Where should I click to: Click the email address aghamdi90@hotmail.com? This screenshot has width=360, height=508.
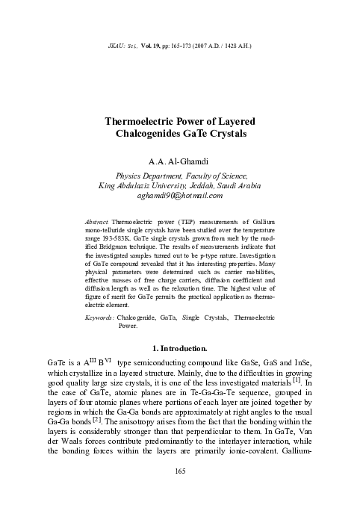180,196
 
